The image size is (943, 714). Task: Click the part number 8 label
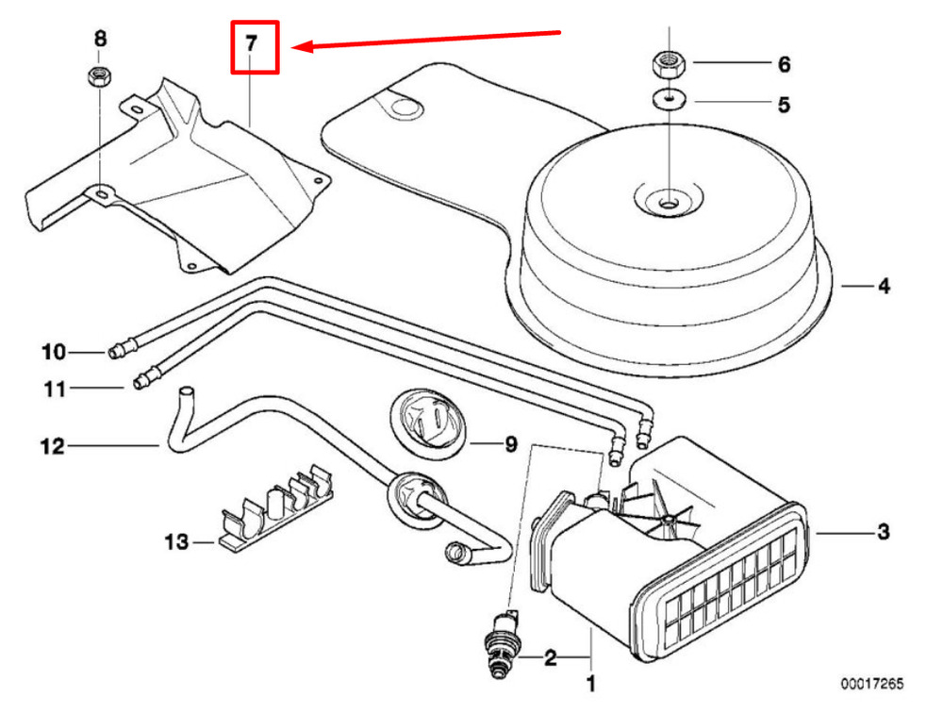pos(101,39)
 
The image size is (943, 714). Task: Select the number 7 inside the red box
pos(252,43)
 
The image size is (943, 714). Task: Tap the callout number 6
pos(785,64)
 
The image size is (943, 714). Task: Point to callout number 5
pos(784,105)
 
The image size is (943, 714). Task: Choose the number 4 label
pos(884,286)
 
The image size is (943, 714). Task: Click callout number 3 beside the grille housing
pos(884,532)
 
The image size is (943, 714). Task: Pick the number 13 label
pos(177,542)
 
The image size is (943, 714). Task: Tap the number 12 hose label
pos(52,446)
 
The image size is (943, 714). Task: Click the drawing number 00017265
pos(872,684)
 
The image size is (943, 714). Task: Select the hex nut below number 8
pos(99,76)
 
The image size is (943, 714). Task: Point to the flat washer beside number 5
pos(670,100)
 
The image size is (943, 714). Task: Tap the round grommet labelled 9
pos(427,423)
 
